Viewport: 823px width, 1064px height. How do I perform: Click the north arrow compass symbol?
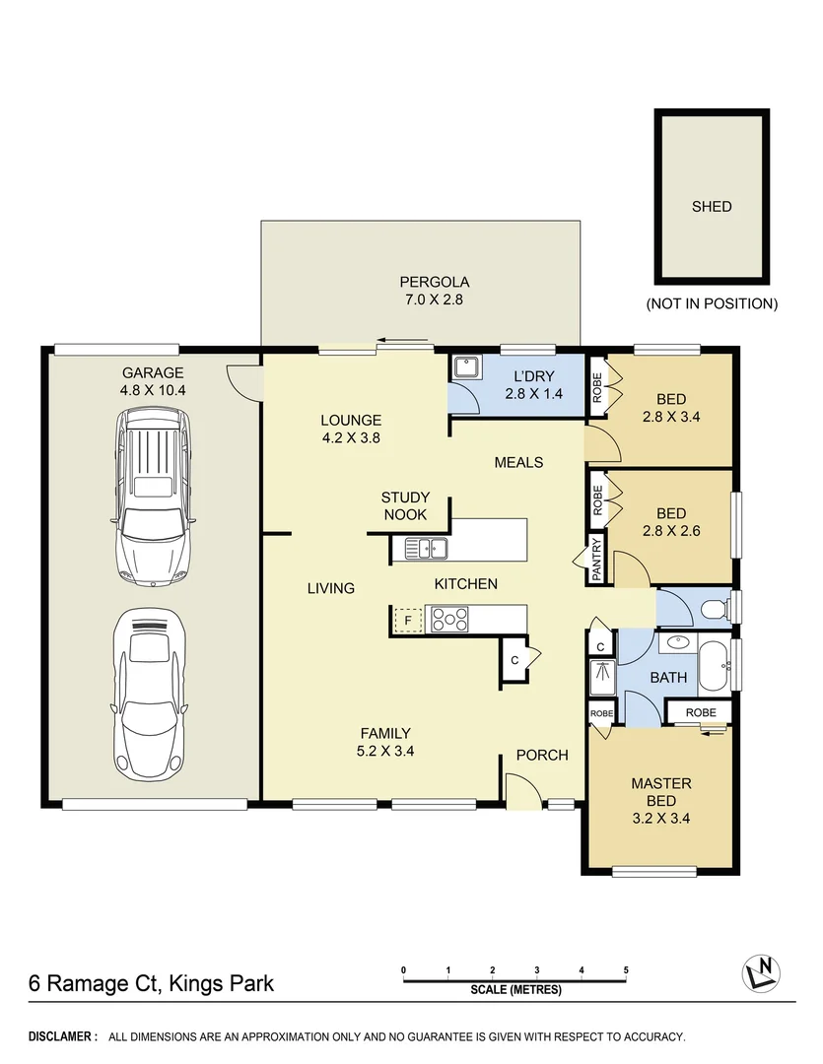coord(760,973)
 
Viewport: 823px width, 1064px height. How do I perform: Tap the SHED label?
coord(711,207)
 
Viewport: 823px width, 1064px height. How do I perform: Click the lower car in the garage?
coord(152,691)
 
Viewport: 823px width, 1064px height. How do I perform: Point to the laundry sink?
coord(465,367)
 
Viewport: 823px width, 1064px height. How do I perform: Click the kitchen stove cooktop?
coord(449,620)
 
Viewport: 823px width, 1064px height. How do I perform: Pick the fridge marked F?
coord(406,621)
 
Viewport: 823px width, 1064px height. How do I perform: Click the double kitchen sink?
coord(424,548)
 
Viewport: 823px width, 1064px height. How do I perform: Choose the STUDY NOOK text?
coord(405,506)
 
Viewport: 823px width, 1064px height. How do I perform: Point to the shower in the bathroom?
coord(600,679)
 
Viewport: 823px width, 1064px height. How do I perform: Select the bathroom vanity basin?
coord(677,643)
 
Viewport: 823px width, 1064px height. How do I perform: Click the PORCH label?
coord(542,756)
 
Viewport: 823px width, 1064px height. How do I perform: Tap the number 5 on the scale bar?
coord(626,970)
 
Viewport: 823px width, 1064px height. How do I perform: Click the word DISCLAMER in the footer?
coord(62,1037)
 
